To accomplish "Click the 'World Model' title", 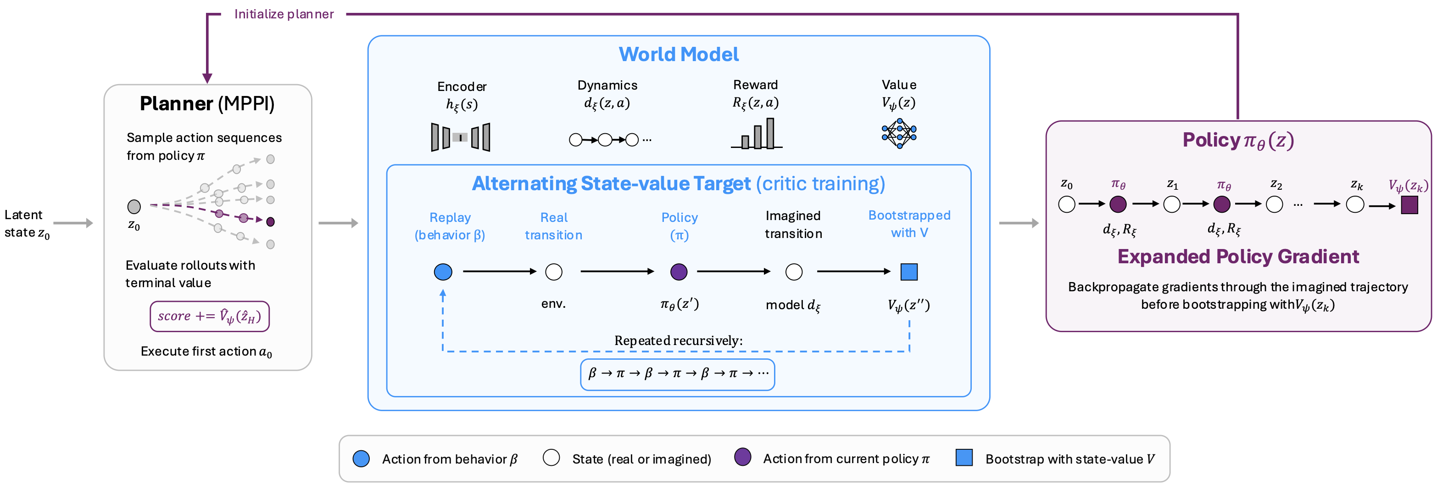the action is [x=678, y=54].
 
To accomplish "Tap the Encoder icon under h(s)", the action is [x=460, y=137].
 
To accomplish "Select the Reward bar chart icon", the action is [x=757, y=134].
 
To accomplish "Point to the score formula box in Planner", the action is [x=209, y=316].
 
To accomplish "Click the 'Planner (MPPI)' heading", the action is [x=207, y=104].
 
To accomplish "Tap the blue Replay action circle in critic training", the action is [x=443, y=272].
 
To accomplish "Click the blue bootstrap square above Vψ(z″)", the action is [x=909, y=272].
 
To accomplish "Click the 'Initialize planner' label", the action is [x=284, y=14].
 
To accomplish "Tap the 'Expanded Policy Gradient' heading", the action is [x=1238, y=256].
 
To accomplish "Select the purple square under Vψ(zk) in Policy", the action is [x=1409, y=205].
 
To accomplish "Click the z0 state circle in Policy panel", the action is [x=1067, y=204].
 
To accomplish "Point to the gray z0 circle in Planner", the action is [x=134, y=207].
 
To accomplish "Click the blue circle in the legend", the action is [x=361, y=459].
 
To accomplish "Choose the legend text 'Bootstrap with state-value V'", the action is [x=1070, y=459].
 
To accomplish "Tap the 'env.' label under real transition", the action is [x=553, y=304].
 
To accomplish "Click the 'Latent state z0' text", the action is [x=27, y=223].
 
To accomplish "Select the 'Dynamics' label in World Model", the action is [x=607, y=85].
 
